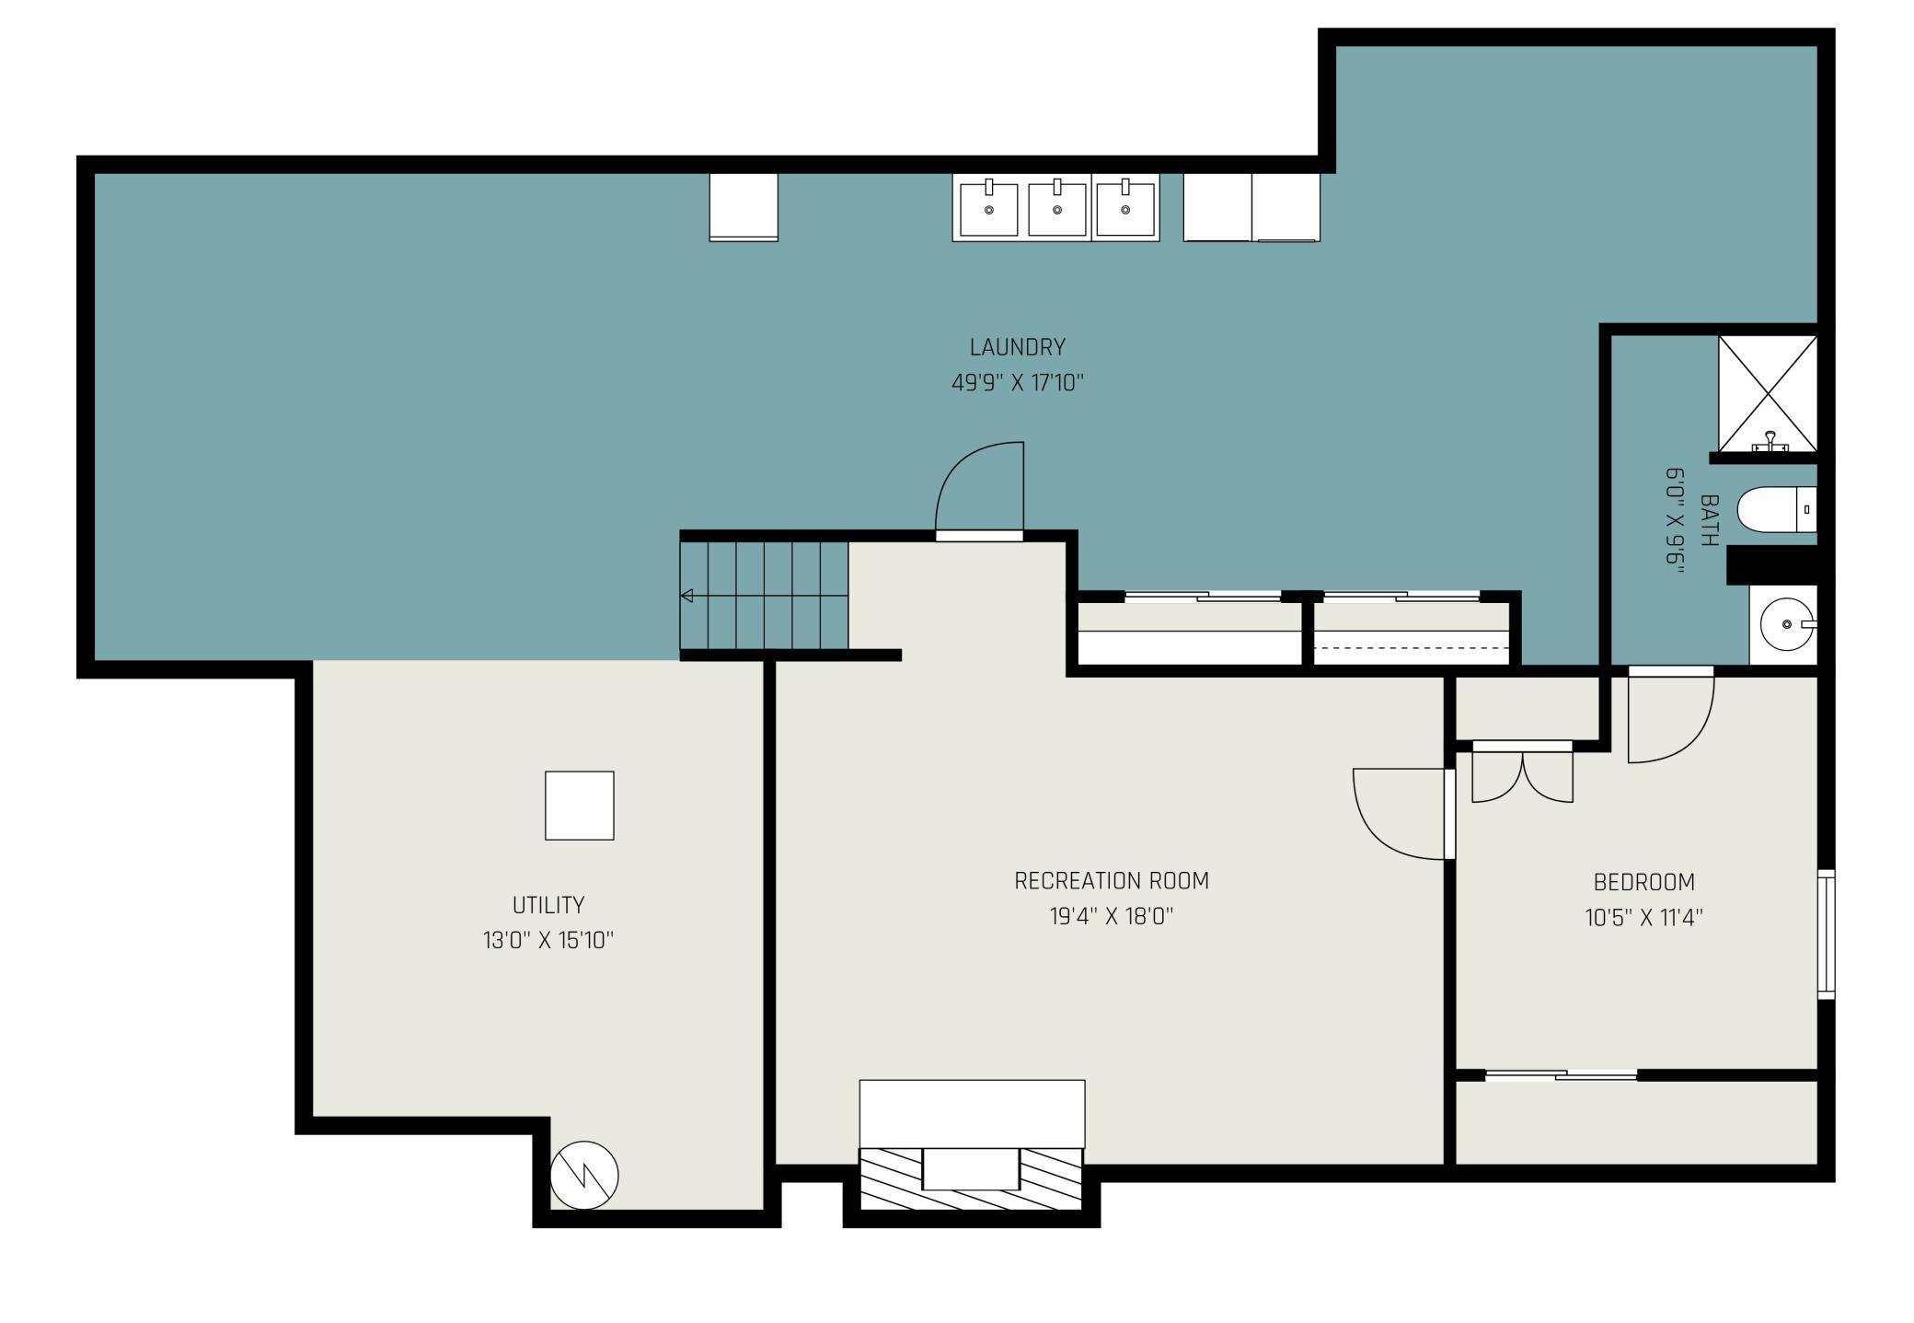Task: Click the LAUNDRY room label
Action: click(x=1017, y=347)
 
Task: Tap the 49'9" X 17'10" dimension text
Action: click(x=1017, y=382)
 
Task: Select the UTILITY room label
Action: click(x=548, y=904)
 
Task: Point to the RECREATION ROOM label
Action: click(x=1112, y=881)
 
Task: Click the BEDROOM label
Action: click(x=1643, y=882)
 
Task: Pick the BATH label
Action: click(x=1709, y=521)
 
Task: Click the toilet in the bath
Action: click(x=1776, y=509)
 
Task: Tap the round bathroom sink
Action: click(x=1787, y=624)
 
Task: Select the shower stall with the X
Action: click(x=1768, y=394)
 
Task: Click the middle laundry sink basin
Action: click(x=1057, y=209)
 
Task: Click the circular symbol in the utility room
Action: click(x=584, y=1175)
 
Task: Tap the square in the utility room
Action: click(x=580, y=806)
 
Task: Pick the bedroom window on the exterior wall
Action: click(x=1827, y=934)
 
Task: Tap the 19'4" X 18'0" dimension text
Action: click(x=1112, y=917)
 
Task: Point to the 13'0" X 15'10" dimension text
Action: click(x=548, y=940)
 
